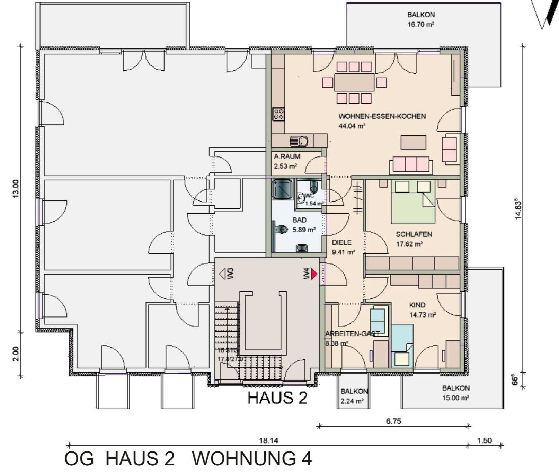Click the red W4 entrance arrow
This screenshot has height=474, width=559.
(314, 274)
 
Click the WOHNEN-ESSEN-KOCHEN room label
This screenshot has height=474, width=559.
(382, 116)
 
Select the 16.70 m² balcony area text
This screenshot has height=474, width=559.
(421, 25)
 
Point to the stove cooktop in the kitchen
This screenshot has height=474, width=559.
(278, 114)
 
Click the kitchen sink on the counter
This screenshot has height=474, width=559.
(299, 141)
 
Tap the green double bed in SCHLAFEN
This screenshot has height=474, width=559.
(413, 203)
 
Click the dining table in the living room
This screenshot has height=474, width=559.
(354, 82)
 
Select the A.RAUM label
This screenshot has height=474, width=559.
(287, 156)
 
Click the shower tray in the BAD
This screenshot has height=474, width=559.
(282, 189)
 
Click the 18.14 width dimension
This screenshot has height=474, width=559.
(268, 441)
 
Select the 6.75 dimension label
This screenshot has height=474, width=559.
(393, 421)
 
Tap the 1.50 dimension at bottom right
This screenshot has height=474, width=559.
(484, 441)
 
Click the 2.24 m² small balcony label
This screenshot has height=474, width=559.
(352, 402)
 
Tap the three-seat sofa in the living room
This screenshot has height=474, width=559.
(411, 165)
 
